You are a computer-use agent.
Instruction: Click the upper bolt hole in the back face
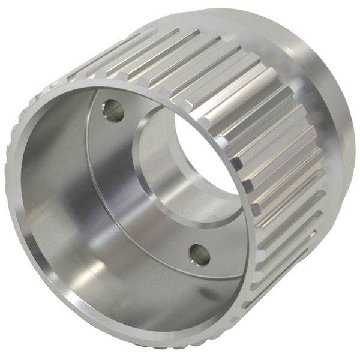[113, 110]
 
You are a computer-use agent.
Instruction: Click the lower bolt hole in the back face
[199, 255]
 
